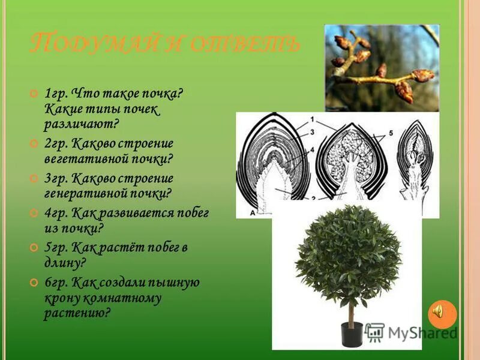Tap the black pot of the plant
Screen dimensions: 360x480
[x=352, y=334]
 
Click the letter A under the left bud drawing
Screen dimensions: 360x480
[x=243, y=211]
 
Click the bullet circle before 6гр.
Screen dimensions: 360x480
[x=34, y=281]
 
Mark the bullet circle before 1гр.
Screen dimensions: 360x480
[x=34, y=94]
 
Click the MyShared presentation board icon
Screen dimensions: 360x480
[x=374, y=332]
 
